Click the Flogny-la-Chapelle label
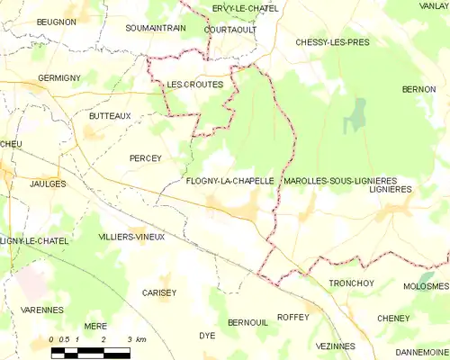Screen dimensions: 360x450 (229, 181)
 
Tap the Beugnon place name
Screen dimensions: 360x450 (57, 21)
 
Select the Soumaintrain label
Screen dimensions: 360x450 (155, 29)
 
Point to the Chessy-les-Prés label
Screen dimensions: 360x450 (332, 42)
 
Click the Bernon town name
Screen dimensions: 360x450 (418, 90)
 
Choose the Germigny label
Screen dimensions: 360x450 (59, 78)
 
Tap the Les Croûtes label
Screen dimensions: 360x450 (194, 85)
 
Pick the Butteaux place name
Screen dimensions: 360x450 (110, 116)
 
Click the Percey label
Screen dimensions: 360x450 (145, 158)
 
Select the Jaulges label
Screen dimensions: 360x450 (48, 184)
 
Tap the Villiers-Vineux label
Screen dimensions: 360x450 (131, 236)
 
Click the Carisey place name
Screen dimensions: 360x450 (159, 292)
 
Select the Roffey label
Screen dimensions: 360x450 (293, 317)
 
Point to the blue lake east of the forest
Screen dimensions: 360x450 (358, 114)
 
